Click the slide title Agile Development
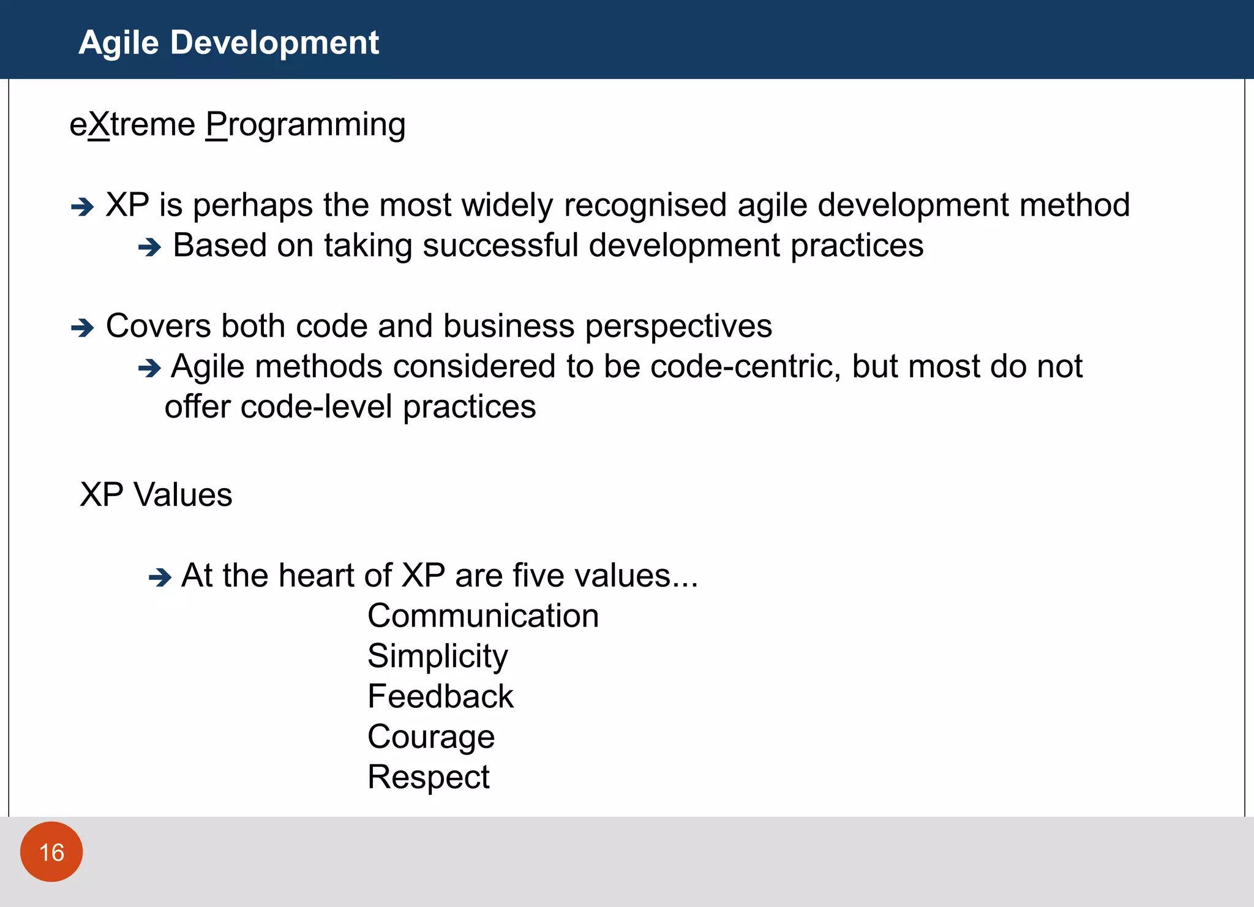[x=228, y=43]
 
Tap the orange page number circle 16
[x=51, y=852]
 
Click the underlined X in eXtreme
[x=99, y=125]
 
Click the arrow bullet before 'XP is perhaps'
[x=82, y=207]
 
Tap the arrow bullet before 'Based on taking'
[x=149, y=247]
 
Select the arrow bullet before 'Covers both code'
[x=82, y=328]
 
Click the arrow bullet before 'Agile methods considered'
[x=149, y=368]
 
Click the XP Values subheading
[x=156, y=495]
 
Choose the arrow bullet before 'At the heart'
[x=160, y=577]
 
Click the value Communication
[x=482, y=615]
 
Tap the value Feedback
[x=440, y=696]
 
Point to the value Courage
[x=431, y=737]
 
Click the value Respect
[x=428, y=777]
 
